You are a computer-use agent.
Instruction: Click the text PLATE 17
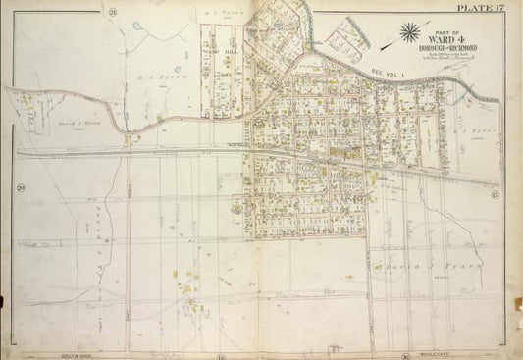[x=487, y=9]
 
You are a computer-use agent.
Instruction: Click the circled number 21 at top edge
[x=114, y=11]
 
